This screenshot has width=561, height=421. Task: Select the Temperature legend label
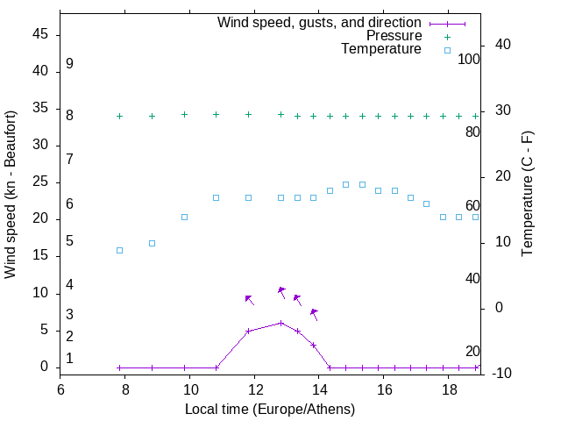[x=381, y=49]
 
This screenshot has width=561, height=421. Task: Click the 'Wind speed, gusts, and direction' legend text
[x=320, y=22]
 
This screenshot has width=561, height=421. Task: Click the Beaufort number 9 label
[x=69, y=64]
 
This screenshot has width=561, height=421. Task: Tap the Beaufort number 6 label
[x=69, y=204]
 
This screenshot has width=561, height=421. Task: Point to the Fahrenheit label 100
[x=470, y=60]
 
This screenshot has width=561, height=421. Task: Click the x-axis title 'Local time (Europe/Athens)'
[x=270, y=409]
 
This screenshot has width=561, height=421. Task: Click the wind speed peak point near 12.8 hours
[x=281, y=323]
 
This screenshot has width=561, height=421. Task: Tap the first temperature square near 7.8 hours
[x=120, y=250]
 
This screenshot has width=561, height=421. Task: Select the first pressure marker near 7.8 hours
[x=120, y=116]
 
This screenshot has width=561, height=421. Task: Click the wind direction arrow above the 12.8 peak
[x=281, y=291]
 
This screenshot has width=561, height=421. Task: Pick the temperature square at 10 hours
[x=185, y=217]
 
